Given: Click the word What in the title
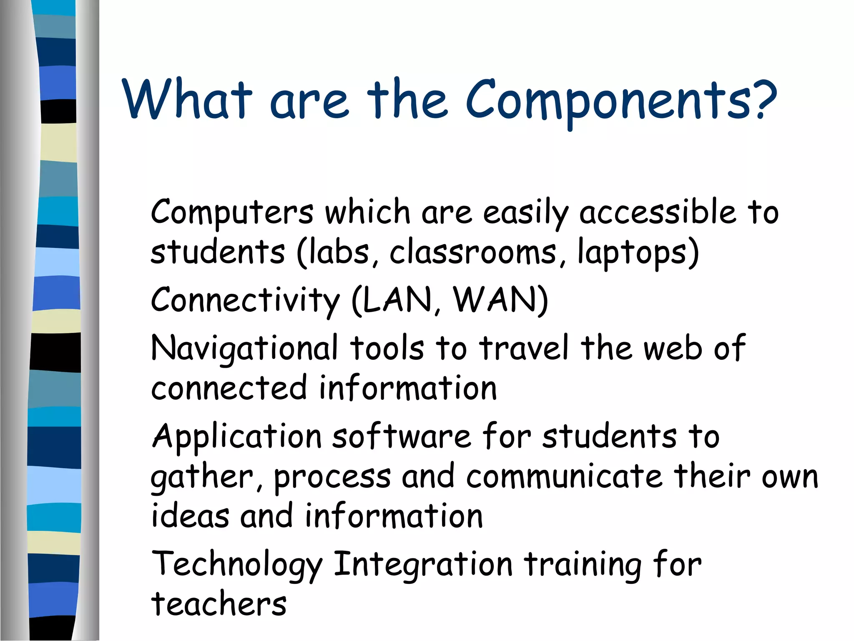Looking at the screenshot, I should [187, 99].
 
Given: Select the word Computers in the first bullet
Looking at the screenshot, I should [232, 213].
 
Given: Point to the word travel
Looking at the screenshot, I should [524, 347].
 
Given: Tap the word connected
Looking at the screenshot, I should [229, 388].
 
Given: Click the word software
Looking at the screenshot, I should [402, 436].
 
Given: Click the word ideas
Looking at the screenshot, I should [190, 516].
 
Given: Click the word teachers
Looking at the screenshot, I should [219, 604].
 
